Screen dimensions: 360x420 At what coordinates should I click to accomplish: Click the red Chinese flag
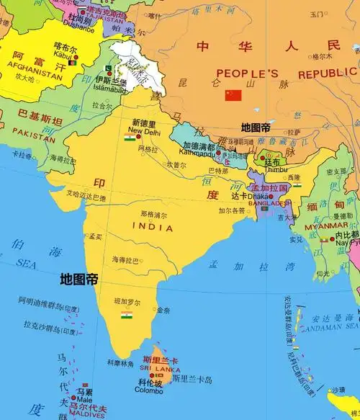[233, 95]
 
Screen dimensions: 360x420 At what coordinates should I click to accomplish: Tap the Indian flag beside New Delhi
[130, 137]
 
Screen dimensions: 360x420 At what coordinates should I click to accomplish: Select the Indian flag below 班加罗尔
[127, 315]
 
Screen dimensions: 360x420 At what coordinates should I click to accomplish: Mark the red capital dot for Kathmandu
[219, 153]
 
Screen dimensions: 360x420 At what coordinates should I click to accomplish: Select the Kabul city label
[63, 54]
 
